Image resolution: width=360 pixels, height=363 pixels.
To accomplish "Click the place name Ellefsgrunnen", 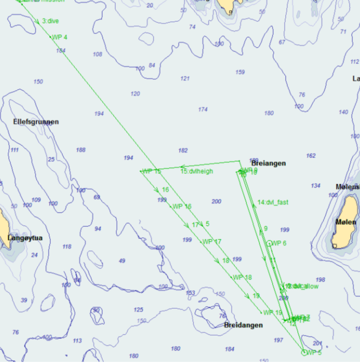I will point(36,122).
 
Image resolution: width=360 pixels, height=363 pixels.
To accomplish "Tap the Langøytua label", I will point(25,238).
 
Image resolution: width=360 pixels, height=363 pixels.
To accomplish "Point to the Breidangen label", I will point(243,325).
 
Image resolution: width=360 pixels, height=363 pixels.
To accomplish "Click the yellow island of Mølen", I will point(345,221).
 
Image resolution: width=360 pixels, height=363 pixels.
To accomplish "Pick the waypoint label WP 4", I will point(60,37).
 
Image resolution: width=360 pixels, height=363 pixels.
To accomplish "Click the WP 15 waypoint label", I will point(151,172).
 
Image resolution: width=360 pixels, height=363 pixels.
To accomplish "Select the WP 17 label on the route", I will point(212,242).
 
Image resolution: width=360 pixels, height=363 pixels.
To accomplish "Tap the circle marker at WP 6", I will point(269,243).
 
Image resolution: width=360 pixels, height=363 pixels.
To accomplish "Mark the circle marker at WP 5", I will point(304,352).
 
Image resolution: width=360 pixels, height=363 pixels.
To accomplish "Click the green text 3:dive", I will point(50,21).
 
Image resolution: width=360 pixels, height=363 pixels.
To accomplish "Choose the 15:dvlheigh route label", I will point(197,171).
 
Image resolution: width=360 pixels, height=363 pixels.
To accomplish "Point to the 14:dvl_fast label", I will point(273,202).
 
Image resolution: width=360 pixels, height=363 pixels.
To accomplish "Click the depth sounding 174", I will point(203,110).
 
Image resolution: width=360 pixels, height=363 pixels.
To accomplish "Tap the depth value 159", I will point(240,72).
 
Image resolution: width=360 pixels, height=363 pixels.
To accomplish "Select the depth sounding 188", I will point(81,150).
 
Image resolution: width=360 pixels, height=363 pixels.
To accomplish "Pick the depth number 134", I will point(316,186).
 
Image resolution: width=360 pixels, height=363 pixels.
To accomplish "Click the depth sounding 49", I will point(122,261).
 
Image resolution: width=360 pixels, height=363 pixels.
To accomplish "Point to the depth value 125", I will point(139,310).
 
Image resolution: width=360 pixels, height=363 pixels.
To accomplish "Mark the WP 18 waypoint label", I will point(243,277).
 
